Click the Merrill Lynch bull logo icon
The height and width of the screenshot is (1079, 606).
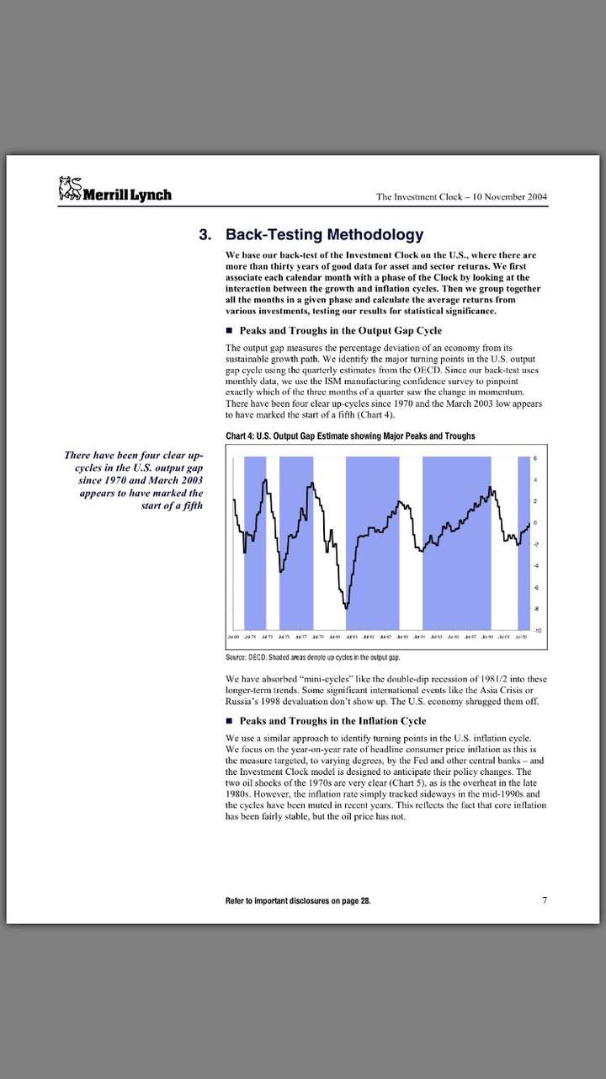point(69,189)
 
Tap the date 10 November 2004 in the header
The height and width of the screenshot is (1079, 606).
point(509,197)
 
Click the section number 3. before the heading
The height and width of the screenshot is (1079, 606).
point(205,235)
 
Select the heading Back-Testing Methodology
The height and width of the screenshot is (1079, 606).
point(324,235)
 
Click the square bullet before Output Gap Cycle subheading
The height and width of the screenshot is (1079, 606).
point(229,331)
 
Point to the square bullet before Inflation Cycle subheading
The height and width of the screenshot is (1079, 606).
point(229,721)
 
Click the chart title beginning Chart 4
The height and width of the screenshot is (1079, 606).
point(350,435)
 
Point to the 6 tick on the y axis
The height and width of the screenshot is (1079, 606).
point(536,457)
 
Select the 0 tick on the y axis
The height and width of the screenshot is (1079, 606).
point(536,522)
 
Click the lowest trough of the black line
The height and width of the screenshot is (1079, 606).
point(346,606)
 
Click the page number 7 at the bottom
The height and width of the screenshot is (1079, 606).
point(545,900)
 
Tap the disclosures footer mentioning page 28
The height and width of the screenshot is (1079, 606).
point(297,900)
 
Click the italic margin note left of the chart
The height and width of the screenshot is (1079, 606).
point(135,480)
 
